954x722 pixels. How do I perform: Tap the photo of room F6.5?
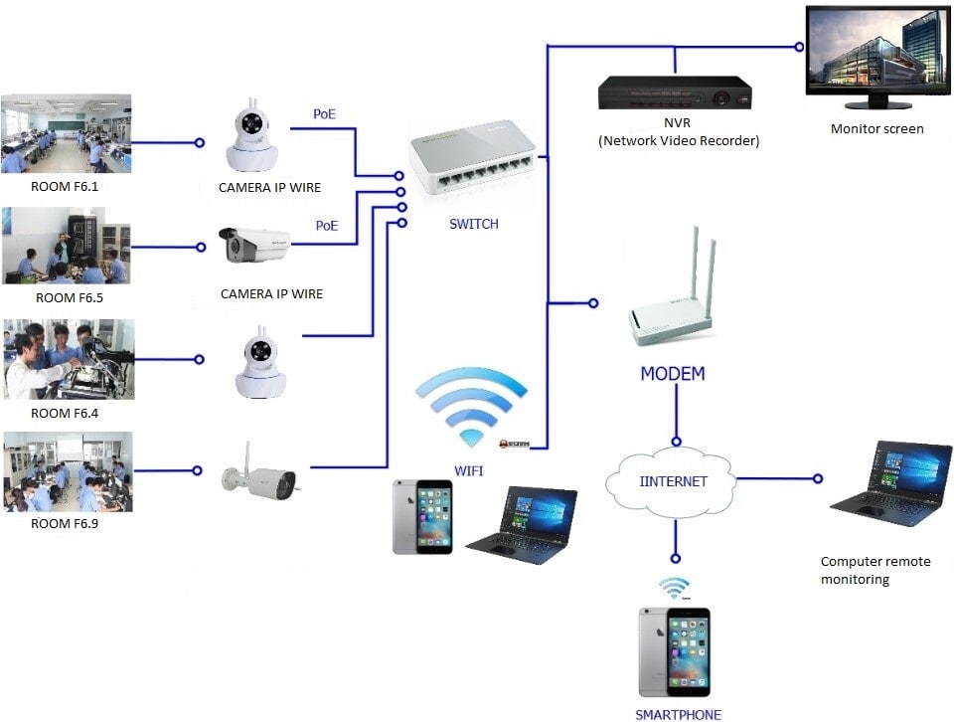pyautogui.click(x=66, y=245)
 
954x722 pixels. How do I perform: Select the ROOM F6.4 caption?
pyautogui.click(x=66, y=413)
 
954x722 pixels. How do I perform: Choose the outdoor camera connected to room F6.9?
pyautogui.click(x=260, y=479)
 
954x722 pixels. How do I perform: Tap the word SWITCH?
pyautogui.click(x=474, y=225)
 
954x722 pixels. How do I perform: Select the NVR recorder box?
pyautogui.click(x=675, y=94)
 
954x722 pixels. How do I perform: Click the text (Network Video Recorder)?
pyautogui.click(x=679, y=141)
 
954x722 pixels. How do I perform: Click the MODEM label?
pyautogui.click(x=672, y=375)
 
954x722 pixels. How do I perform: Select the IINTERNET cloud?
pyautogui.click(x=673, y=481)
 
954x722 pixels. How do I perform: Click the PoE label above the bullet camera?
pyautogui.click(x=327, y=226)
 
